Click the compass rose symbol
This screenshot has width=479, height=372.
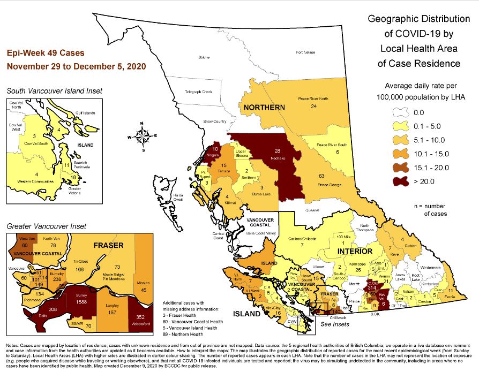tap(142, 136)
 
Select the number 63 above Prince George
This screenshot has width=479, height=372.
tap(321, 176)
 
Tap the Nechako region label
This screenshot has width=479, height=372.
tap(277, 158)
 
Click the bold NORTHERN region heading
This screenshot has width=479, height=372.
tap(264, 108)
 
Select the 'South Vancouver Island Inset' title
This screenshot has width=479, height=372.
tap(51, 91)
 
